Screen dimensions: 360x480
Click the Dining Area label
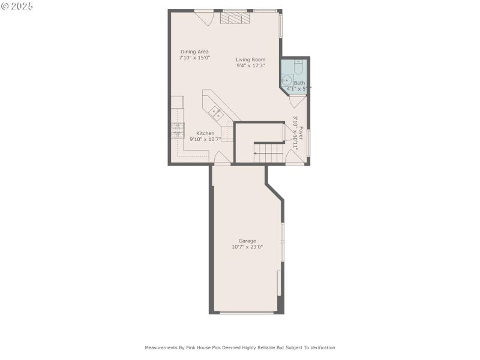click(194, 52)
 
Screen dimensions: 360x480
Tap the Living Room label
click(250, 59)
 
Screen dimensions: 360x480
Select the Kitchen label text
click(205, 133)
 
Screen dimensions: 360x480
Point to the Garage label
click(247, 241)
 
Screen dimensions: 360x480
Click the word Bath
click(299, 83)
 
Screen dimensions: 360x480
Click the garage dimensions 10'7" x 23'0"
click(247, 247)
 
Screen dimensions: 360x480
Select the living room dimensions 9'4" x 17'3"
click(250, 65)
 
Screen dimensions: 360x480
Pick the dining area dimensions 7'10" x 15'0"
click(195, 58)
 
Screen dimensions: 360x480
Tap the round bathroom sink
click(286, 80)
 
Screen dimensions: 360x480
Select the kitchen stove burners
click(177, 130)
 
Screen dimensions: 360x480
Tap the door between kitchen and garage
click(221, 158)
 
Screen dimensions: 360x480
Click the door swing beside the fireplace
click(206, 17)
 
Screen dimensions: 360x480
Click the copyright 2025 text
click(17, 5)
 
